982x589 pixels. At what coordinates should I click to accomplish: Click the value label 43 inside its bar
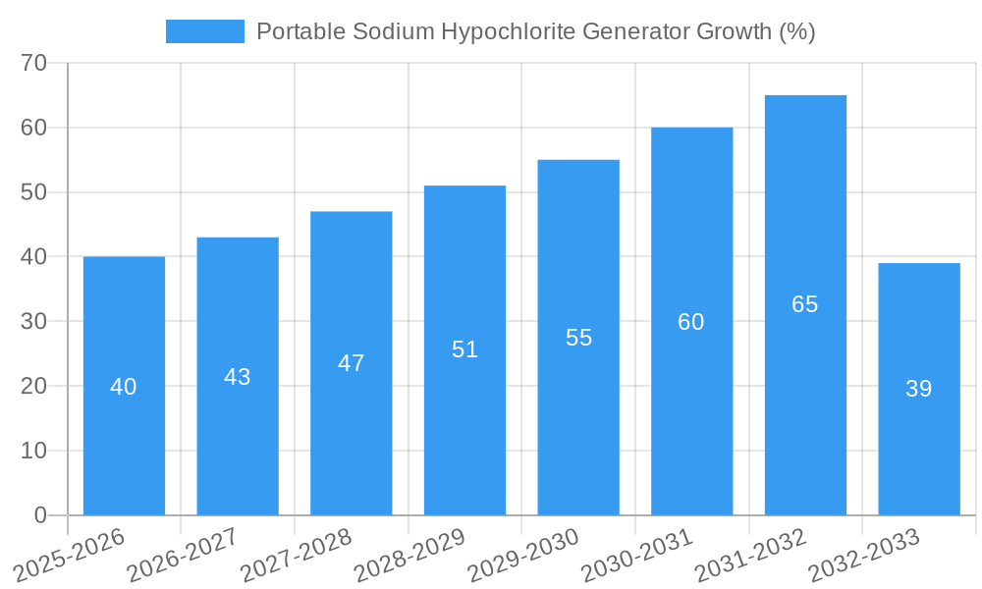point(238,377)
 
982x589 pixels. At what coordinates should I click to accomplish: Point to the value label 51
point(464,349)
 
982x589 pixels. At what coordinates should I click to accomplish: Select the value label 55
point(578,338)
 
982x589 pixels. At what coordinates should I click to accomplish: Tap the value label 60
point(691,322)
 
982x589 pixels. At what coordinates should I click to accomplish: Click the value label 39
point(919,389)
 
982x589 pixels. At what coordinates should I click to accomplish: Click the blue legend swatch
point(204,31)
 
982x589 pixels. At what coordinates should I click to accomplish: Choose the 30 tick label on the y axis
point(34,321)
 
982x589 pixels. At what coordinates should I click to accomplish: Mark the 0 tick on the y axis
point(40,515)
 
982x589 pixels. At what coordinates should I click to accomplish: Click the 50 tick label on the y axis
point(34,192)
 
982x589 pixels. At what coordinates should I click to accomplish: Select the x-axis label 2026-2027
point(183,555)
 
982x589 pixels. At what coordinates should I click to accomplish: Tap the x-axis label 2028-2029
point(409,555)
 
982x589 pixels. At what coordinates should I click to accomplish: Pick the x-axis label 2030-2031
point(637,555)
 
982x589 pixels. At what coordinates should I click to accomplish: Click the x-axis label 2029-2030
point(523,555)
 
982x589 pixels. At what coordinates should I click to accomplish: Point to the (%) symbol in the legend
point(796,31)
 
